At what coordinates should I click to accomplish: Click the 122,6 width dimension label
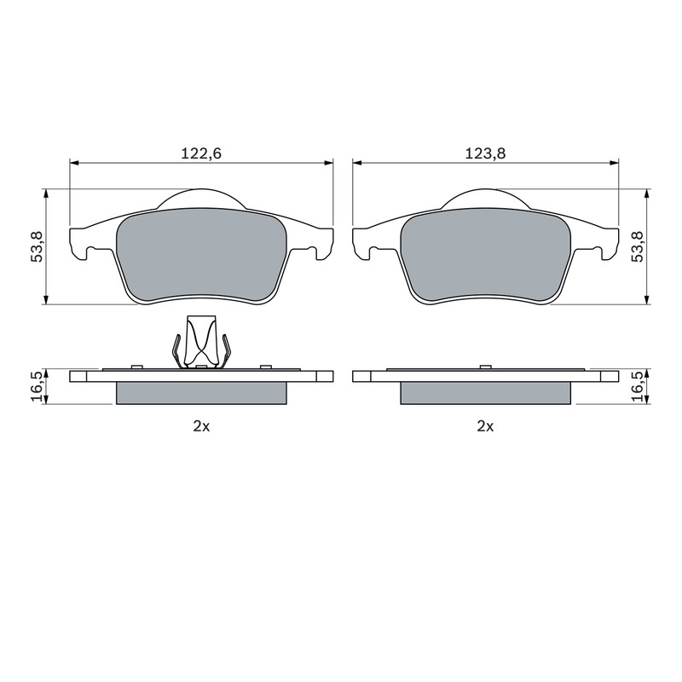(201, 153)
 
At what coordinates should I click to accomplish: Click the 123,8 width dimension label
(485, 153)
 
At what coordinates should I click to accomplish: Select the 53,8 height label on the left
(37, 246)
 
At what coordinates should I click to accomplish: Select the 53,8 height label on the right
(638, 246)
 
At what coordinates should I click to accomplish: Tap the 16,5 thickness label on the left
(37, 387)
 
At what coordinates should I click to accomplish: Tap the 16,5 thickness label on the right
(638, 387)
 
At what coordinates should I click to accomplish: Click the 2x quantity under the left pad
(201, 427)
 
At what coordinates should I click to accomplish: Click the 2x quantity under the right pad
(485, 427)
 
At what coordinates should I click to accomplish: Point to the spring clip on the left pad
(201, 342)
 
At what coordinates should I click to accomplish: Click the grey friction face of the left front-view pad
(201, 254)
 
